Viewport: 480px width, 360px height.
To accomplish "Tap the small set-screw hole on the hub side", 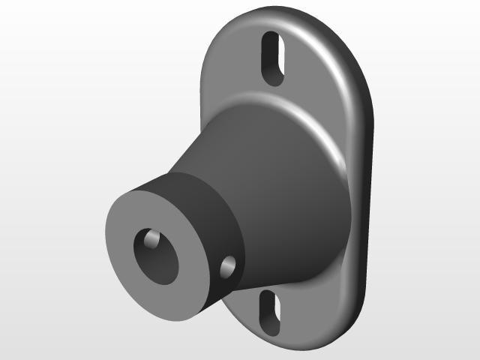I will (x=226, y=265).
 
